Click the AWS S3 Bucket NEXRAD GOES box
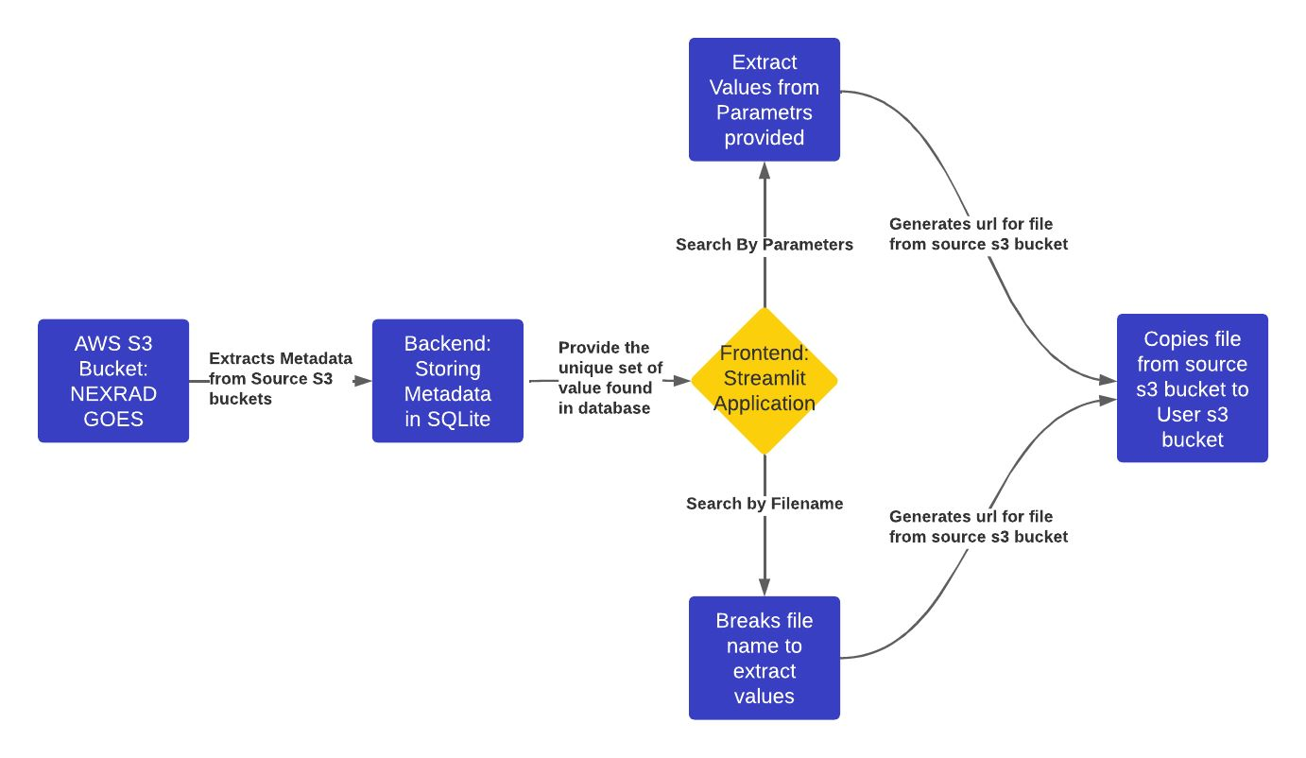tap(113, 380)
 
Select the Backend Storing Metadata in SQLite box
tap(447, 380)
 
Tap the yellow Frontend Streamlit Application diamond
tap(764, 380)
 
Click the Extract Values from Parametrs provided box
tap(764, 99)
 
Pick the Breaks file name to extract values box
tap(764, 658)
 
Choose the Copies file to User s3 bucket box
tap(1192, 388)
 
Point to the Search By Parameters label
tap(764, 245)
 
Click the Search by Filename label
tap(764, 504)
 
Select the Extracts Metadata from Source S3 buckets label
tap(280, 378)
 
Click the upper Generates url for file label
tap(978, 234)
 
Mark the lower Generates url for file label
tap(978, 526)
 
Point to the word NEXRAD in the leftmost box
tap(113, 393)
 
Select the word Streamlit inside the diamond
tap(764, 380)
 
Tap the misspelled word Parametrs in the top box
tap(764, 112)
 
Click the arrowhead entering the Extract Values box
tap(764, 170)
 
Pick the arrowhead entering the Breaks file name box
tap(764, 587)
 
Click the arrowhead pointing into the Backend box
tap(363, 381)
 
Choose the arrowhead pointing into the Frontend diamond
tap(681, 381)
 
